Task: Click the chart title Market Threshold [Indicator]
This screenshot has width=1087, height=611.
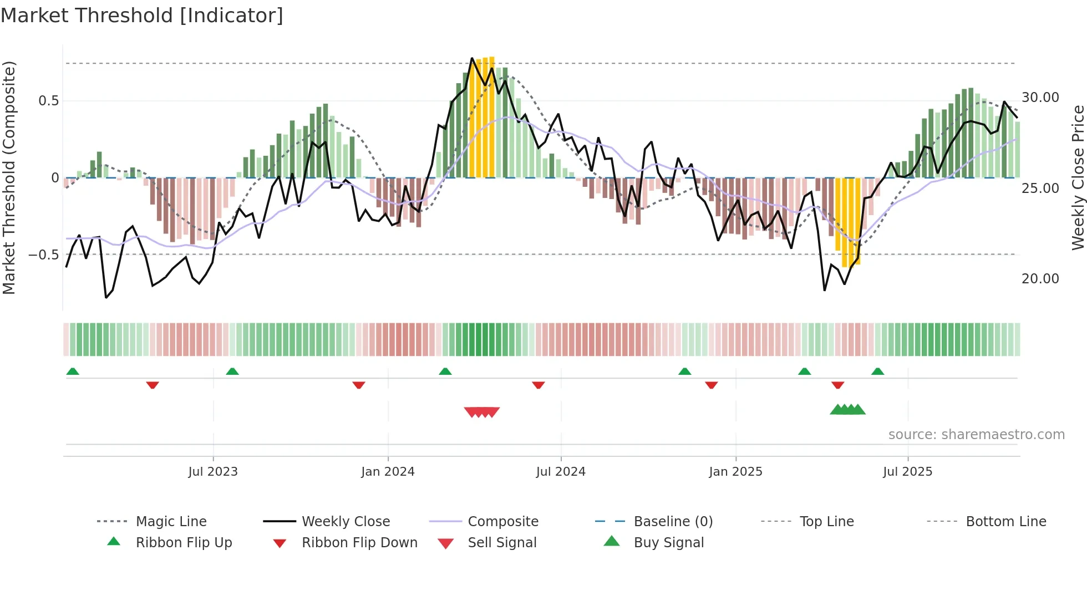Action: tap(142, 16)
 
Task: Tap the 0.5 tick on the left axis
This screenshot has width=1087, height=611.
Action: tap(48, 101)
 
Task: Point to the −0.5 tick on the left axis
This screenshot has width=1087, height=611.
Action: tap(44, 255)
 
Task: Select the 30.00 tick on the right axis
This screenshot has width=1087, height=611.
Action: tap(1040, 98)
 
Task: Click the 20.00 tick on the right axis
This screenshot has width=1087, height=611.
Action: tap(1040, 279)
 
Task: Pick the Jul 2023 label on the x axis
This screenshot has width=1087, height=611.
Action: tap(213, 472)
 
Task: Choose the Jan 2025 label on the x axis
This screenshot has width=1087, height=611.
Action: tap(735, 472)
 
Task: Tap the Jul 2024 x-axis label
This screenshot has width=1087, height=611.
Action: tap(561, 472)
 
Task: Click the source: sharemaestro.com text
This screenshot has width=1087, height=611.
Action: tap(976, 435)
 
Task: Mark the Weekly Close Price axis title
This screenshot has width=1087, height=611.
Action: tap(1078, 177)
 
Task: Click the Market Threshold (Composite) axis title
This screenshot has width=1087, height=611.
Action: tap(9, 177)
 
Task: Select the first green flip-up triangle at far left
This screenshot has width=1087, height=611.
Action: tap(73, 371)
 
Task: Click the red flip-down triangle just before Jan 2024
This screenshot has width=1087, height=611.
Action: tap(359, 385)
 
